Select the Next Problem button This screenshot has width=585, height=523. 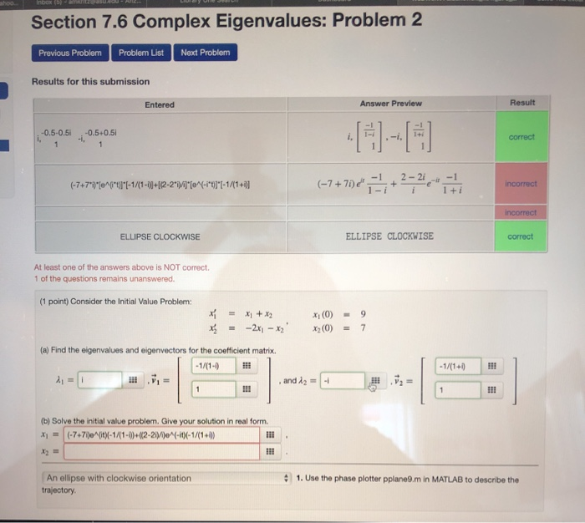point(204,53)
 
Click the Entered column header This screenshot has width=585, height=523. point(159,104)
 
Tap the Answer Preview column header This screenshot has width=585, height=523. point(390,104)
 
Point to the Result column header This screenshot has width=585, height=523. point(521,102)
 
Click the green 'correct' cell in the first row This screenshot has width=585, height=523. point(520,137)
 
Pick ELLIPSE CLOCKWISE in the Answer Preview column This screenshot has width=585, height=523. point(389,236)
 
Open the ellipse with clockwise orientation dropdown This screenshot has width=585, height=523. point(163,480)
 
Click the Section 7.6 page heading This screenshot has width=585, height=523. point(226,21)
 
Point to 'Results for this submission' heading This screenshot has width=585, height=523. point(90,81)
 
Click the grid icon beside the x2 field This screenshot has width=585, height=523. point(269,452)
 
